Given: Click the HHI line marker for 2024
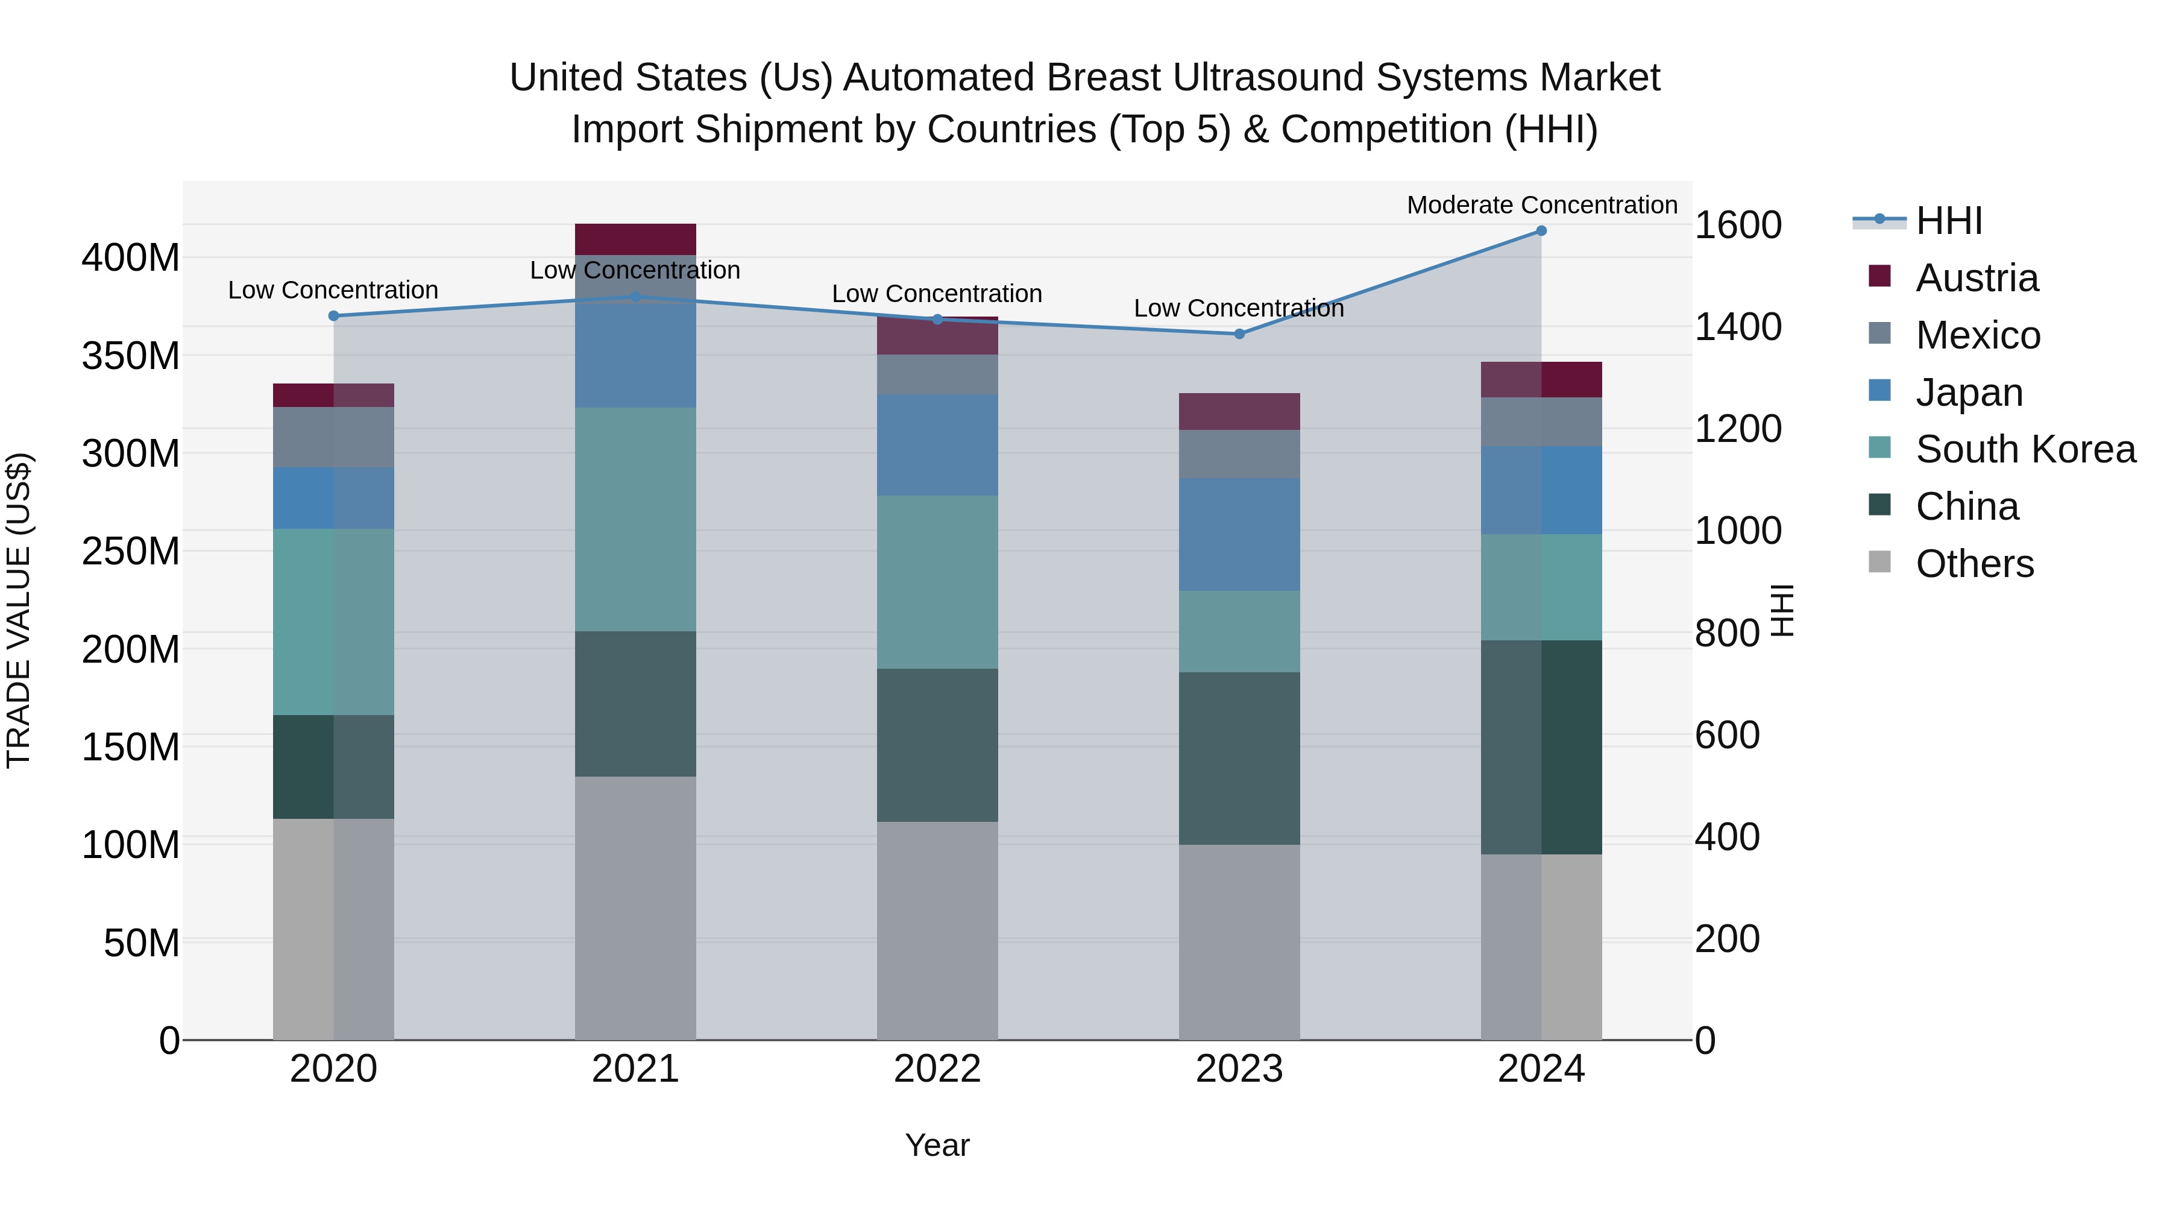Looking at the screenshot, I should [x=1541, y=231].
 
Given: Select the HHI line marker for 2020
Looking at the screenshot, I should [x=333, y=316].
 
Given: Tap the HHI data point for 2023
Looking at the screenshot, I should [x=1239, y=333].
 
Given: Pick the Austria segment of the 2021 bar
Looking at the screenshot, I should [x=635, y=239].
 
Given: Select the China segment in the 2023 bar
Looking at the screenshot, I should [x=1239, y=759].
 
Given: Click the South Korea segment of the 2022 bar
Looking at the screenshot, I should [x=937, y=582].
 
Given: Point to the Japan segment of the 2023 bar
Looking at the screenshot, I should [x=1239, y=534].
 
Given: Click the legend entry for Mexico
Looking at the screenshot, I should [x=1977, y=335].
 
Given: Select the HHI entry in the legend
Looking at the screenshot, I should [x=1948, y=221].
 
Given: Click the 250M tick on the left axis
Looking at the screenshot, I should [x=131, y=552].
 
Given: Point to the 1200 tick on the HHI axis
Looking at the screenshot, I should [x=1737, y=429].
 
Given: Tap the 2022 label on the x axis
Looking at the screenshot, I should [x=937, y=1069].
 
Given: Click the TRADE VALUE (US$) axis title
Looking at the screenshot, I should [x=19, y=610].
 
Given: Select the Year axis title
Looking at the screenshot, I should [x=937, y=1145].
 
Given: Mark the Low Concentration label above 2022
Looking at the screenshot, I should [x=937, y=294].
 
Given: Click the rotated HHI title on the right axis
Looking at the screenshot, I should [x=1782, y=610].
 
